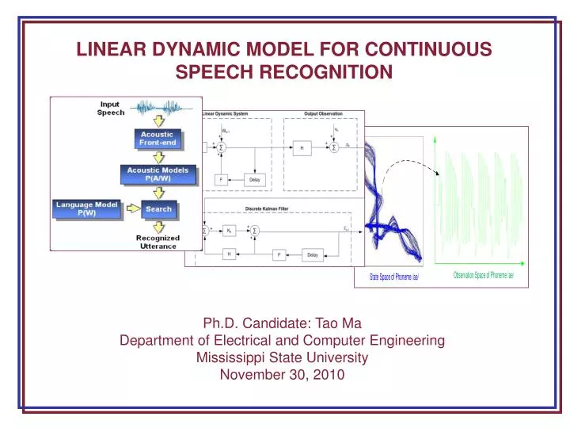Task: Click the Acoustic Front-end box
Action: [x=158, y=139]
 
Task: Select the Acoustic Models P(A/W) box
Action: [x=158, y=174]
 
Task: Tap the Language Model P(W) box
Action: [x=87, y=208]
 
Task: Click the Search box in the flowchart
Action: [x=158, y=208]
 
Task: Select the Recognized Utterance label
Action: [x=158, y=242]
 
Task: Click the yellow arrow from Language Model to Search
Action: [x=130, y=208]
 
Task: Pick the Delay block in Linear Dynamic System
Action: [x=254, y=179]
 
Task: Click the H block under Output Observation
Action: [x=302, y=147]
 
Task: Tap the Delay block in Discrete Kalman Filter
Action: [x=313, y=254]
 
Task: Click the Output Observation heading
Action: [x=323, y=114]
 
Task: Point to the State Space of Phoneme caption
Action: [x=393, y=277]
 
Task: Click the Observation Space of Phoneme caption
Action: [x=483, y=275]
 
